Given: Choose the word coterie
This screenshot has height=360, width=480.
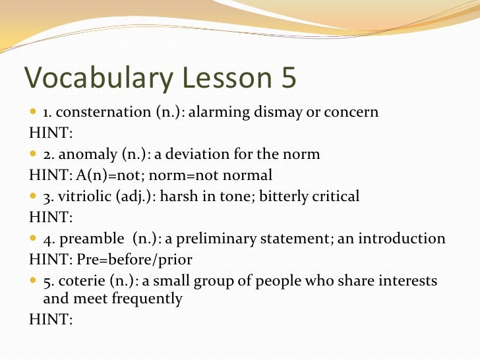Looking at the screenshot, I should pos(83,281).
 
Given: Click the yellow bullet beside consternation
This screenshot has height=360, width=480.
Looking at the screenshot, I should pos(34,112).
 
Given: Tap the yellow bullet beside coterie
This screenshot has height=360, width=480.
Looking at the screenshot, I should pos(34,281).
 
